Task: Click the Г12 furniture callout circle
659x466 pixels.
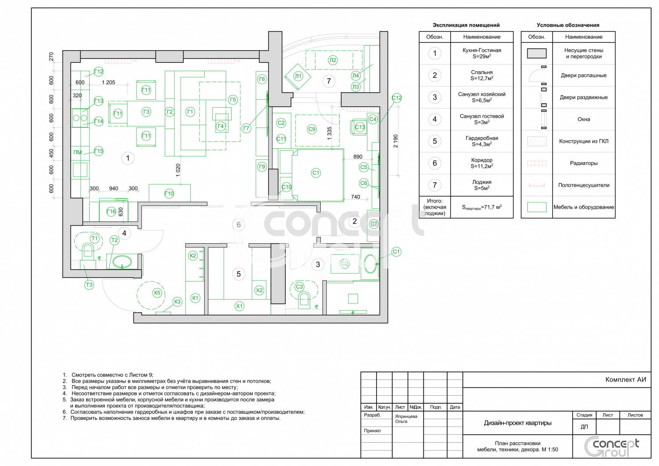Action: point(98,72)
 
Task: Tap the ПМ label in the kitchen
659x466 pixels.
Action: point(77,152)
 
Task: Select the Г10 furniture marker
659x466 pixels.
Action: point(169,193)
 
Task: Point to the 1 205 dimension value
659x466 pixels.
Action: point(108,83)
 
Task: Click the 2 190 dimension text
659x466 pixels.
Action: point(396,141)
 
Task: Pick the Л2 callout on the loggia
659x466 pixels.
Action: point(333,60)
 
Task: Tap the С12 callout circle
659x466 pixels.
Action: point(397,98)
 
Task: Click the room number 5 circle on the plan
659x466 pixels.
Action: point(239,274)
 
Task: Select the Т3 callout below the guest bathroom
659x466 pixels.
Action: point(89,285)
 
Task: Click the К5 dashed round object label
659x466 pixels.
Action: point(157,293)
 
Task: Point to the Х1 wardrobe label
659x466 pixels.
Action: point(239,306)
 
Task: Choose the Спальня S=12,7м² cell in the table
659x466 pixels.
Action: point(482,75)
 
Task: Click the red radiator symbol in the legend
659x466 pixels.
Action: point(536,163)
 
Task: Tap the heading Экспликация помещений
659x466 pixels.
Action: point(466,25)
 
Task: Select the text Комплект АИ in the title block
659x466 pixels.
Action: point(626,379)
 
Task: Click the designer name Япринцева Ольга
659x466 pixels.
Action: point(406,419)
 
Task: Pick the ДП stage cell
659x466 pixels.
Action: point(584,427)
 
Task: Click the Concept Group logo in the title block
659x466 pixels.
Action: point(612,447)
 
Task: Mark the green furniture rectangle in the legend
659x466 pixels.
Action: point(536,207)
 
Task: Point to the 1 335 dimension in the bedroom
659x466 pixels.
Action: point(329,133)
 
